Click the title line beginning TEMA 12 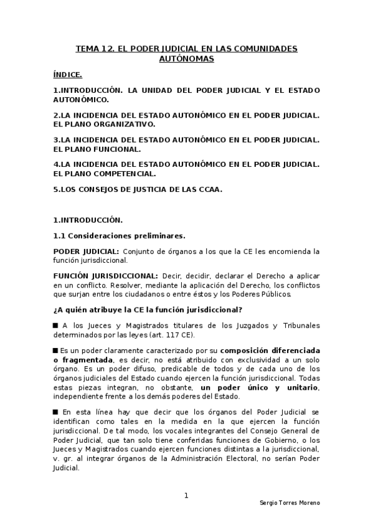coord(186,47)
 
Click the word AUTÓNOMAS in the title coord(186,59)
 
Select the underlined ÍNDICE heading coord(68,75)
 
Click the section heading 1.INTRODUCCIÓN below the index coord(88,220)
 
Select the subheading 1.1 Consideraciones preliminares coord(118,235)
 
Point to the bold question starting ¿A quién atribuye coord(148,309)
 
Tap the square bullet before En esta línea coord(56,412)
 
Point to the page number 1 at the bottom coord(186,495)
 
